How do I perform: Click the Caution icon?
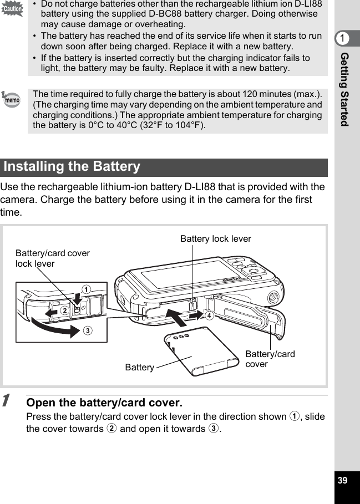click(12, 9)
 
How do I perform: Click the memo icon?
click(11, 100)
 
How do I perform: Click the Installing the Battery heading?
click(72, 167)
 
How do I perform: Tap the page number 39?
click(343, 480)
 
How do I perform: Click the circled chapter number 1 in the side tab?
click(344, 38)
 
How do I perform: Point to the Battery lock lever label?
click(215, 239)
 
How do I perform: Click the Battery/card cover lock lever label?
click(52, 258)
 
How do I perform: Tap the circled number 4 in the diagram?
click(209, 315)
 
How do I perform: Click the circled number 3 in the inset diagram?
click(88, 331)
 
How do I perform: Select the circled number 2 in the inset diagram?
click(65, 310)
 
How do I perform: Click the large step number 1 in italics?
click(6, 400)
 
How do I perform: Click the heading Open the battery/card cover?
click(104, 403)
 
